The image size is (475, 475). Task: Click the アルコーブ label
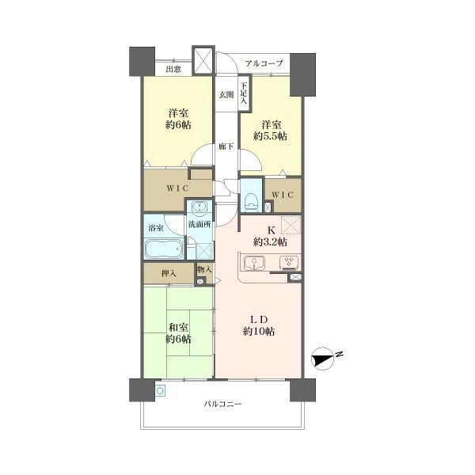264,63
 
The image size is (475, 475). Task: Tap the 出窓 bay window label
173,70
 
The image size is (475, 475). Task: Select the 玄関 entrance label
226,94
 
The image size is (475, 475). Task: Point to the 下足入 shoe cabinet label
244,93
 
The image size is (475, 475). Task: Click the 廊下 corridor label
226,146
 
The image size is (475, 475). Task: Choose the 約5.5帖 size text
270,136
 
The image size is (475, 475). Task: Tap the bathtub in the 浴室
164,249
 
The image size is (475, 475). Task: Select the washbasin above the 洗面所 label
199,207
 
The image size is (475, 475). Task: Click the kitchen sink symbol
254,262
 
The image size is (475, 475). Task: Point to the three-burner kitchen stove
289,262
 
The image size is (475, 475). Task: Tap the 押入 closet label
169,274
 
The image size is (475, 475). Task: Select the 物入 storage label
204,269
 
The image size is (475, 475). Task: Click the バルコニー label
222,404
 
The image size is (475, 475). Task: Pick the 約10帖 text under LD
258,332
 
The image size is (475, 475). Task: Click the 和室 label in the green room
178,327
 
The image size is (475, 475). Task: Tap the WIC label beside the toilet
283,195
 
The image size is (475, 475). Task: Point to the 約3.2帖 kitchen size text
270,242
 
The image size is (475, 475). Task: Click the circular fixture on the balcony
160,390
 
